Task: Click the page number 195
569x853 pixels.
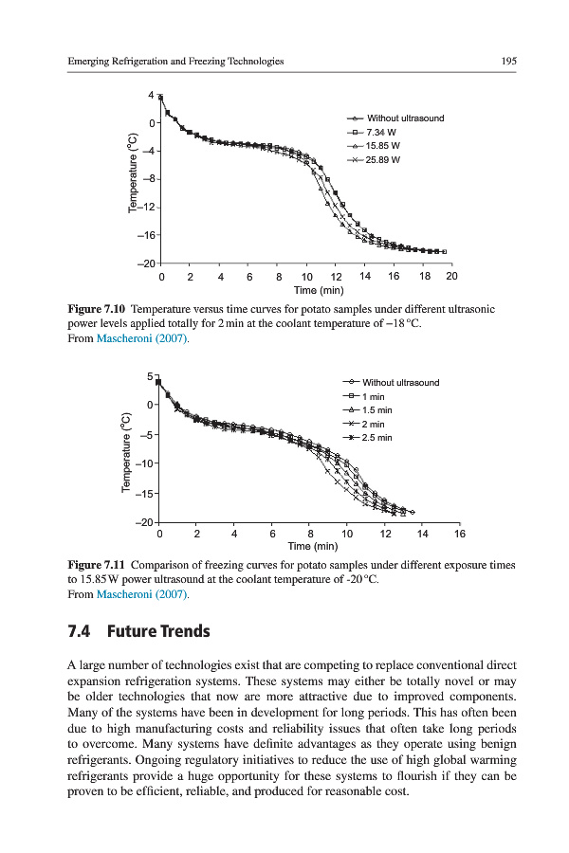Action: (x=508, y=61)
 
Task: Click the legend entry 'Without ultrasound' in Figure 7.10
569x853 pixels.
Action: (x=405, y=118)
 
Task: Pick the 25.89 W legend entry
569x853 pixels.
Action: (x=386, y=160)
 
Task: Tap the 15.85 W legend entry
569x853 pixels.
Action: (x=386, y=146)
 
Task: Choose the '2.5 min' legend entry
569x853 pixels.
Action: (x=376, y=438)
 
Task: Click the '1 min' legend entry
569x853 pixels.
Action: (x=373, y=396)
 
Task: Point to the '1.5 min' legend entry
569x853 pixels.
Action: (x=376, y=410)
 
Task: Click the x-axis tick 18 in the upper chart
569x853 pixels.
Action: (x=423, y=276)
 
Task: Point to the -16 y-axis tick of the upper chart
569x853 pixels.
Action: (x=147, y=235)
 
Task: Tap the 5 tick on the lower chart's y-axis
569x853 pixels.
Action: (x=151, y=376)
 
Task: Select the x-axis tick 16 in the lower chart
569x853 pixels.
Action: (x=460, y=534)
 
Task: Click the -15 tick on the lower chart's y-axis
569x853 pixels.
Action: (x=145, y=494)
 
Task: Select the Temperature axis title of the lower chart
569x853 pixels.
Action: (x=125, y=451)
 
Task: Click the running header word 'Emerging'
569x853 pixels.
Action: (x=92, y=61)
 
